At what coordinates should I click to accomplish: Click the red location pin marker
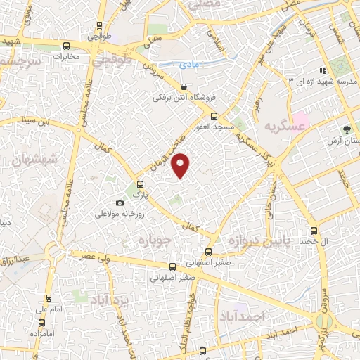coord(181,165)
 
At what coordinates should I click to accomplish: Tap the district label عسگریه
coord(286,126)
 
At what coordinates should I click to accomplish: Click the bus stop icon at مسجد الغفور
coord(214,117)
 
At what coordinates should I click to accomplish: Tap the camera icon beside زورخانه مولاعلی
coord(120,203)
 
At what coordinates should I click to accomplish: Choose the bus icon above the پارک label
coord(139,184)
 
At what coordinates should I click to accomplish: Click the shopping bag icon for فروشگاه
coord(183,86)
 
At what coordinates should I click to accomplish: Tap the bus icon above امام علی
coord(49,298)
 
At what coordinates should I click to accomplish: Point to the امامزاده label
coord(43,331)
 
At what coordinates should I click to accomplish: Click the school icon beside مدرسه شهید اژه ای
coord(322,70)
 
